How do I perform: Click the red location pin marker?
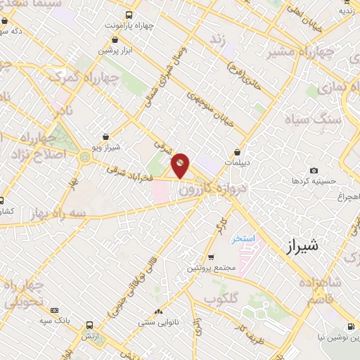[x=181, y=165]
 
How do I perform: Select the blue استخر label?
[x=243, y=239]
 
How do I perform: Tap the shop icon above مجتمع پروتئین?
[x=212, y=257]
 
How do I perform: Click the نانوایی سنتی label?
[x=158, y=323]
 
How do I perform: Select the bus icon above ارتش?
[x=89, y=326]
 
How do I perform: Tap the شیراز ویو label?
[x=106, y=148]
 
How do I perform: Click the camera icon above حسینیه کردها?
[x=314, y=170]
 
